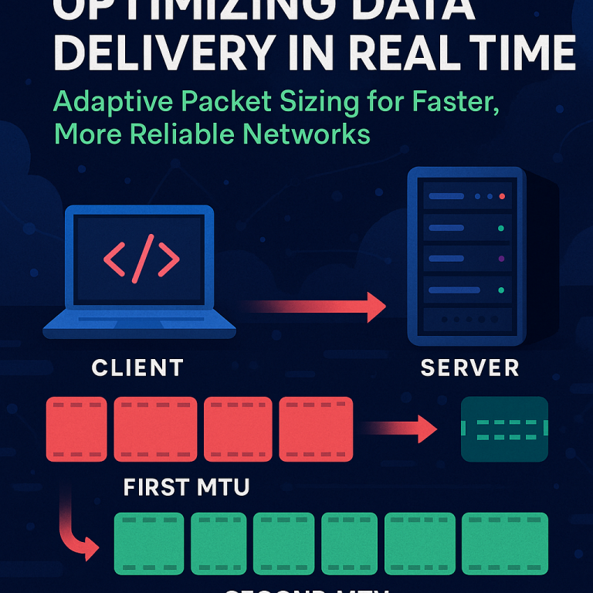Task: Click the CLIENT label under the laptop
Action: point(137,368)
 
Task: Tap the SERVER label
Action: point(469,368)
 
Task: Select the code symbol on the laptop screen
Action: point(141,257)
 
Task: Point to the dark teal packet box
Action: point(504,429)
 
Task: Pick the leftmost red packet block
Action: point(76,429)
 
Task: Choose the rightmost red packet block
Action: point(315,429)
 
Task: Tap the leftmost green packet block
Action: point(149,544)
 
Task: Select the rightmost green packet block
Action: point(504,544)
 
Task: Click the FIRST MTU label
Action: point(186,488)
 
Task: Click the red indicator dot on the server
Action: point(502,196)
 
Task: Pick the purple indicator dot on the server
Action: point(502,259)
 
